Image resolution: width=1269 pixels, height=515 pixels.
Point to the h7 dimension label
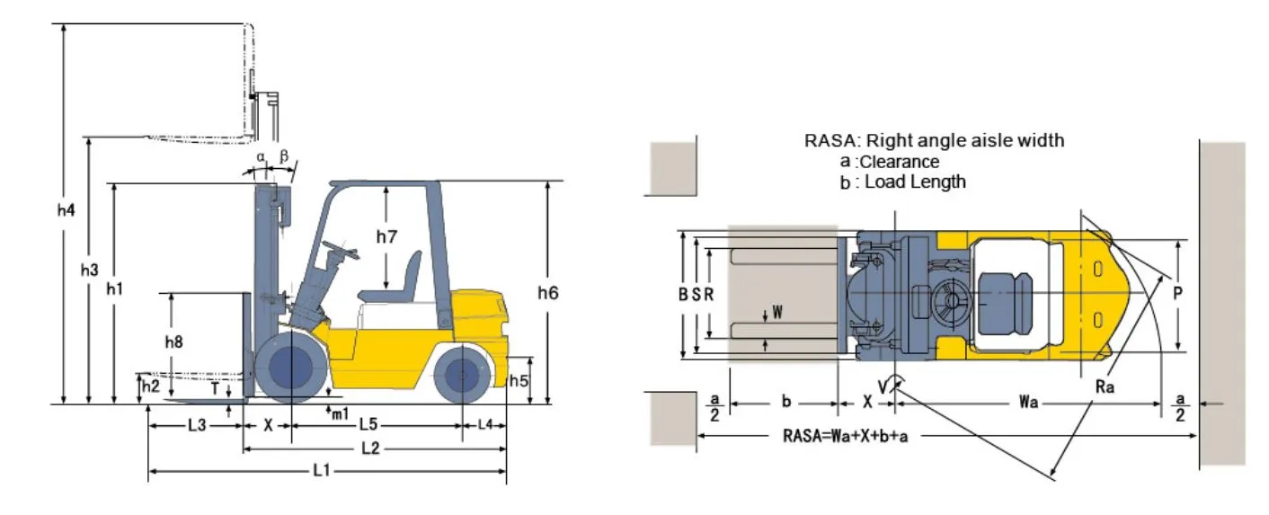(386, 237)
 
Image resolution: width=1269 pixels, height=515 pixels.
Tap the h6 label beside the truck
(547, 292)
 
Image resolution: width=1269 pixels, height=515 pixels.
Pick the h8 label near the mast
(173, 342)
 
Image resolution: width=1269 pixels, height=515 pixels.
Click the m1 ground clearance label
(339, 414)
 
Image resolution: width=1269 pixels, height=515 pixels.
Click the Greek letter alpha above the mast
(261, 155)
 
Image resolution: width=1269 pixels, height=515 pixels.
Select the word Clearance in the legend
(900, 162)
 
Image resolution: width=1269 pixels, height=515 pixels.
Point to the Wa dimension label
(1029, 403)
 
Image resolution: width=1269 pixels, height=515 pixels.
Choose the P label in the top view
(1177, 292)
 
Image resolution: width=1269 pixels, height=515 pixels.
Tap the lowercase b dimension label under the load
(785, 402)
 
